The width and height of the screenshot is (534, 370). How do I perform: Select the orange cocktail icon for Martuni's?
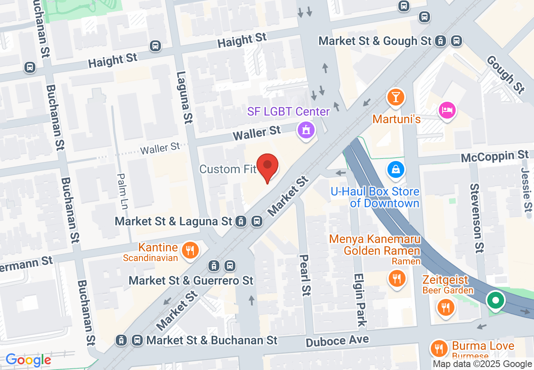[x=395, y=97]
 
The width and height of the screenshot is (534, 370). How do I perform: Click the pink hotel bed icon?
[x=447, y=110]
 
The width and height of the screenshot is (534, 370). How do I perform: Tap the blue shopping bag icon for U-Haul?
[x=396, y=169]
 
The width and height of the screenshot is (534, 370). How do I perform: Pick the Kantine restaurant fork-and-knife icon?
[x=190, y=251]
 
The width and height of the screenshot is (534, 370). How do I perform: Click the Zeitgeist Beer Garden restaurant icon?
[x=445, y=307]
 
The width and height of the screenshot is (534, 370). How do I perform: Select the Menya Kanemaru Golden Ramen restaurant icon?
[x=396, y=277]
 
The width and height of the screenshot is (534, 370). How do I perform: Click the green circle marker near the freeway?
[x=496, y=301]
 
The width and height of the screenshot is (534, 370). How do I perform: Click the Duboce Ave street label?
[x=337, y=341]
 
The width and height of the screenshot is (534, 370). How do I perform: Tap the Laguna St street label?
[x=184, y=97]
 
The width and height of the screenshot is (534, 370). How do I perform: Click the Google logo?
[x=28, y=360]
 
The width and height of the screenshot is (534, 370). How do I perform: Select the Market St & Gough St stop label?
[x=375, y=41]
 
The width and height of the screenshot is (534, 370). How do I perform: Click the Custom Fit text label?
[x=228, y=169]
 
